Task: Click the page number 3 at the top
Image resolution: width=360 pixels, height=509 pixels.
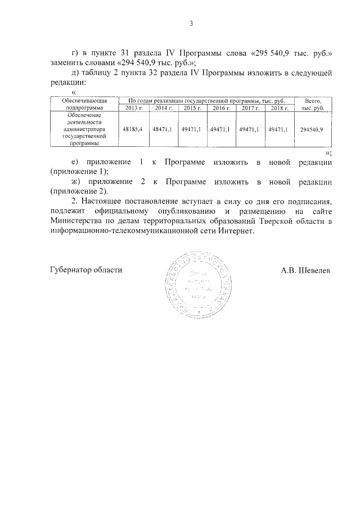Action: [191, 24]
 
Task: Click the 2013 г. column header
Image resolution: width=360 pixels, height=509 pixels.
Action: [132, 107]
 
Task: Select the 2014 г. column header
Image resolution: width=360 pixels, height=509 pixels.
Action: [162, 107]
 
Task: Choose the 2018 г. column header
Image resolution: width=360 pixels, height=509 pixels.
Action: [279, 107]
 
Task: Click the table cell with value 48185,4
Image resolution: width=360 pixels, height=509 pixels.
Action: [132, 129]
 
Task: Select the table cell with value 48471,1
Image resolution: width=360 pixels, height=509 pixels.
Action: [162, 129]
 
